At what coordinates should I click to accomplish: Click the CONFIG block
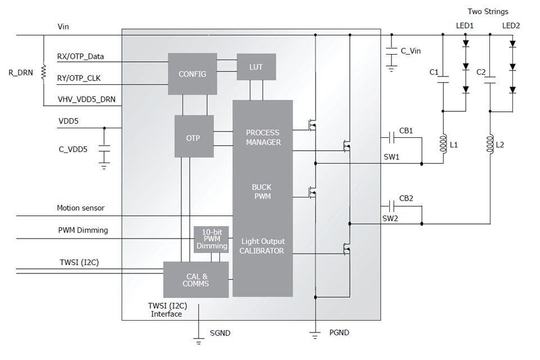pyautogui.click(x=192, y=74)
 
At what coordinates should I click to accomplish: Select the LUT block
pyautogui.click(x=256, y=67)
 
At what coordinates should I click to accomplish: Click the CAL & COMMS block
pyautogui.click(x=196, y=280)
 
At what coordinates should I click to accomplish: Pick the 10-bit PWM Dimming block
pyautogui.click(x=211, y=238)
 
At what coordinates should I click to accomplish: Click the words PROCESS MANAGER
pyautogui.click(x=263, y=138)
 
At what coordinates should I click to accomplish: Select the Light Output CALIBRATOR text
pyautogui.click(x=263, y=246)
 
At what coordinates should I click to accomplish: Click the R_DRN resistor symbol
pyautogui.click(x=43, y=72)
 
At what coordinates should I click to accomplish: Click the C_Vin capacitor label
pyautogui.click(x=410, y=51)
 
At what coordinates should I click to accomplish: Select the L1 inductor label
pyautogui.click(x=453, y=145)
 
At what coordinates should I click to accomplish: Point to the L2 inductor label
pyautogui.click(x=499, y=145)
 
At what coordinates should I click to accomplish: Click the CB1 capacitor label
pyautogui.click(x=406, y=130)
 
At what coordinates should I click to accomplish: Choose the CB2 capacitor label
pyautogui.click(x=406, y=198)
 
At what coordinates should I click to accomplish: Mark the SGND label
pyautogui.click(x=219, y=333)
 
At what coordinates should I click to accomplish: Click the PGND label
pyautogui.click(x=339, y=332)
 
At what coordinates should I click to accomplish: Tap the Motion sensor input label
pyautogui.click(x=80, y=208)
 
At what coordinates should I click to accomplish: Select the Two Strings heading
pyautogui.click(x=488, y=11)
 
